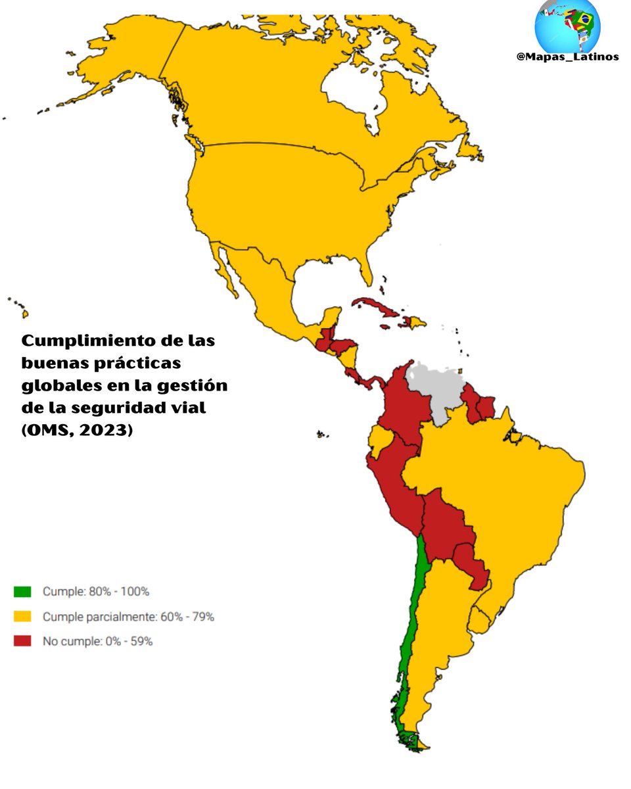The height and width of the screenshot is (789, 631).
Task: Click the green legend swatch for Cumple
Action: tap(22, 592)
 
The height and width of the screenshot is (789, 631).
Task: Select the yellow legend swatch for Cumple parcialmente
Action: tap(22, 617)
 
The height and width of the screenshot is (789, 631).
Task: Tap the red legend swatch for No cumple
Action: tap(22, 641)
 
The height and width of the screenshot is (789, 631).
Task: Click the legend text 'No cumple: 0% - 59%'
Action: tap(97, 641)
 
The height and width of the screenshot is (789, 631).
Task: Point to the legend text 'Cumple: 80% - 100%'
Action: tap(96, 592)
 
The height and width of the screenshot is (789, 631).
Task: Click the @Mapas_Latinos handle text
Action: tap(567, 57)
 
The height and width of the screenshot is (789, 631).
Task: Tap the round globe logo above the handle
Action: tap(567, 25)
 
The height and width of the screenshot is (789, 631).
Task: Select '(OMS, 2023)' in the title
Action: tap(77, 431)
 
